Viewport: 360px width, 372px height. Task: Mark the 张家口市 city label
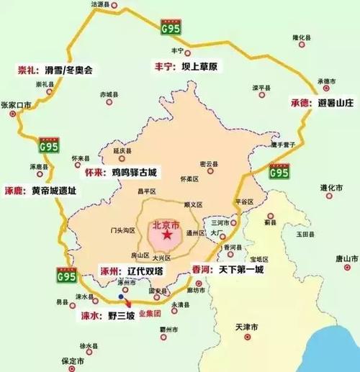tap(16, 104)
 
